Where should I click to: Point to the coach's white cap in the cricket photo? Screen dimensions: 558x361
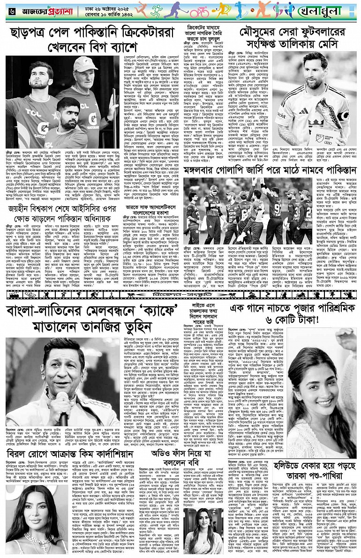point(83,65)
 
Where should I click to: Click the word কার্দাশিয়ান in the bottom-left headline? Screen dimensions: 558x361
point(91,454)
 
